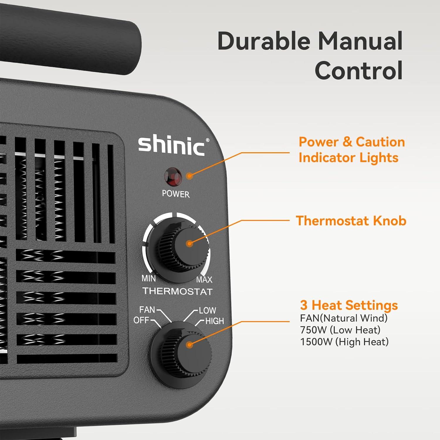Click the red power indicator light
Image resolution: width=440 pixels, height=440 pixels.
click(x=173, y=177)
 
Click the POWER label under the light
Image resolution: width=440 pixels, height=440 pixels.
click(x=176, y=194)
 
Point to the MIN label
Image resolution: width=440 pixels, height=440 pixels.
click(x=148, y=278)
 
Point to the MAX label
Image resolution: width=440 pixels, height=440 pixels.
click(x=204, y=280)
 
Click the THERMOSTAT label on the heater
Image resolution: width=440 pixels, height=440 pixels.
click(x=177, y=291)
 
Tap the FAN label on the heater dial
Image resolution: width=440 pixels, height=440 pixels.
click(x=147, y=310)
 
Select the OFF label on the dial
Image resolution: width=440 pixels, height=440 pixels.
click(x=141, y=320)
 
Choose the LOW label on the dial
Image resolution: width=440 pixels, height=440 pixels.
click(x=207, y=310)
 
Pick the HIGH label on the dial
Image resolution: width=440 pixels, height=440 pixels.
click(x=214, y=321)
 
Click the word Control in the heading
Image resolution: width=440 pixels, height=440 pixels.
click(x=358, y=71)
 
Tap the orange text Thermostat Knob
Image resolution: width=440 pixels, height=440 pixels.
click(x=351, y=221)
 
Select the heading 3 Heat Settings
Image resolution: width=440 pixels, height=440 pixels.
click(x=349, y=305)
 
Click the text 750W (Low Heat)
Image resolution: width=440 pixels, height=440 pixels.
click(x=340, y=330)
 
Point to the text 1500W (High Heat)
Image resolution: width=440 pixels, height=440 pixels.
click(x=344, y=342)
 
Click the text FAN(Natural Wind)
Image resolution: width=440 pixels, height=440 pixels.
click(x=343, y=318)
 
